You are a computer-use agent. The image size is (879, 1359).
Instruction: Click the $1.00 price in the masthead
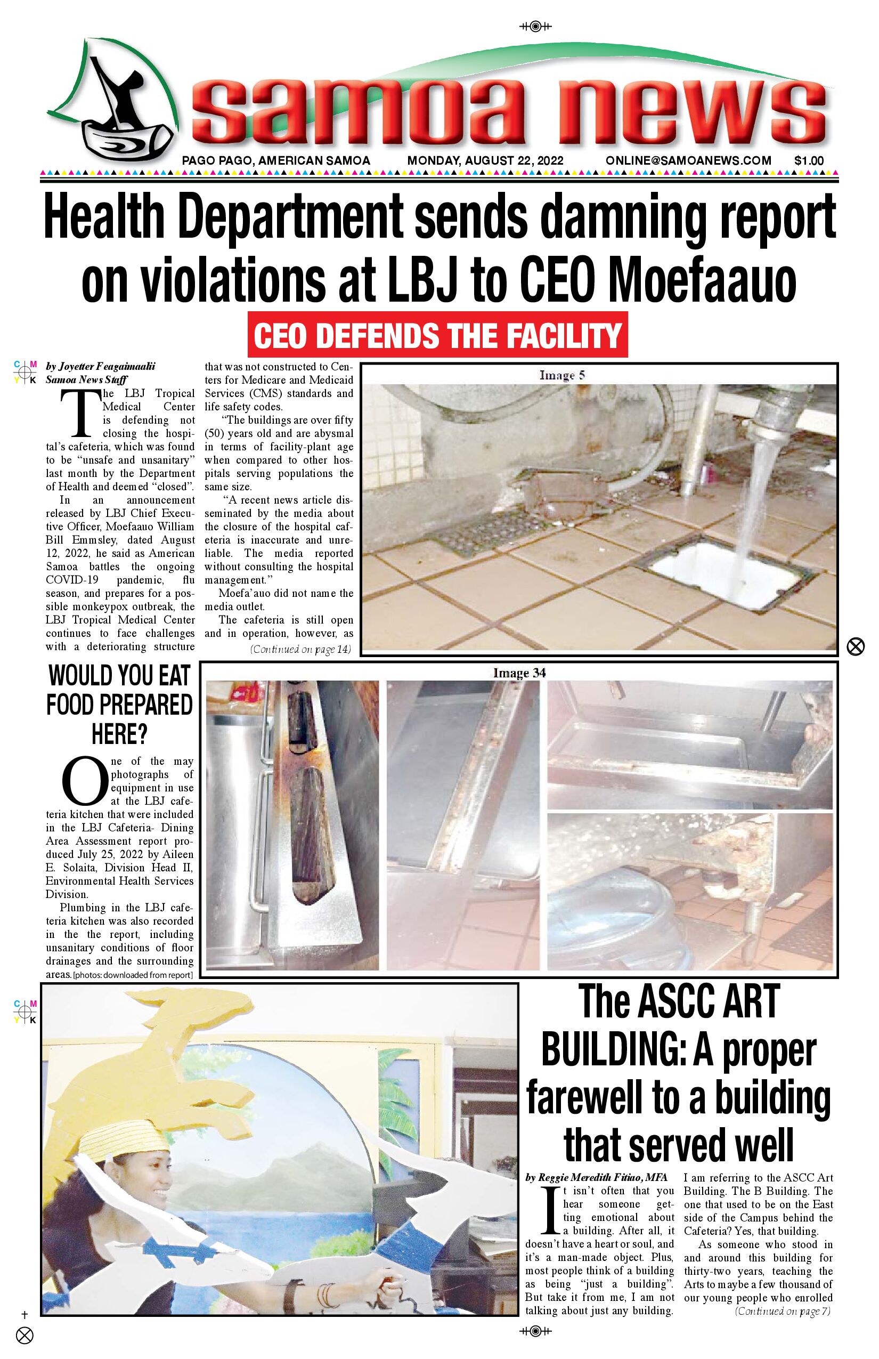click(x=809, y=161)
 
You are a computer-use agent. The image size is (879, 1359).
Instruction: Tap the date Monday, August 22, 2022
click(x=485, y=161)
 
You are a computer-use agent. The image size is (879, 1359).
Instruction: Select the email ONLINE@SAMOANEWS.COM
click(x=688, y=161)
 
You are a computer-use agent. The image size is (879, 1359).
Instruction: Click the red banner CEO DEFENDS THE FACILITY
click(x=437, y=335)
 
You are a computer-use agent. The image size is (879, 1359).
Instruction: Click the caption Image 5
click(x=562, y=375)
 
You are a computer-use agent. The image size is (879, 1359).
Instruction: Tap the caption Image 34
click(x=519, y=673)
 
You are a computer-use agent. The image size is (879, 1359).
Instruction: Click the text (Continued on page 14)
click(x=300, y=649)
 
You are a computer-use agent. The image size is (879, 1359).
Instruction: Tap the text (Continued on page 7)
click(x=783, y=1311)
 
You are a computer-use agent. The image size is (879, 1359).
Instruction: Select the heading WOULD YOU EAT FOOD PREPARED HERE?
click(x=119, y=704)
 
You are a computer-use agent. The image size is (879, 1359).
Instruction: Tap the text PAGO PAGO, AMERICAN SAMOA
click(x=276, y=161)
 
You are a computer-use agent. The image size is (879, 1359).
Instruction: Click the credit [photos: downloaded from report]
click(x=133, y=975)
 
